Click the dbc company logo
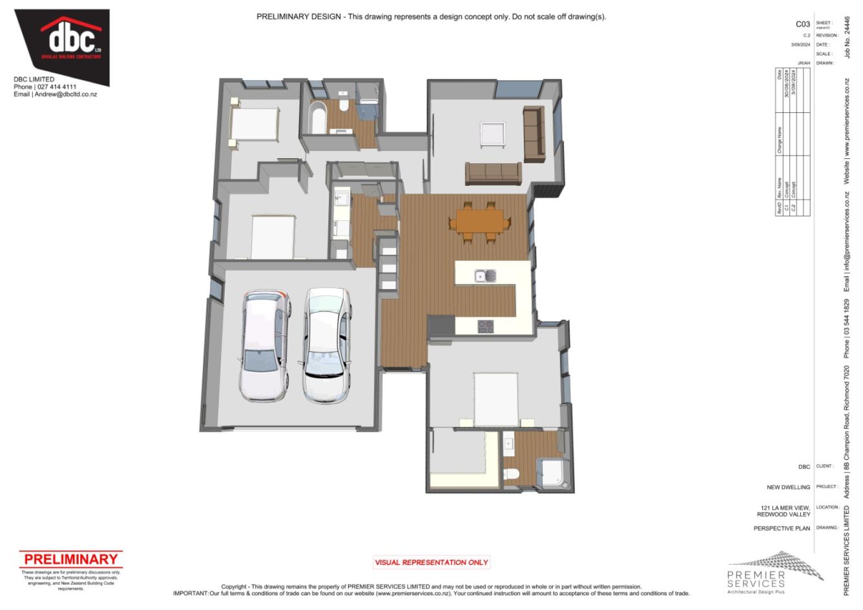click(x=71, y=40)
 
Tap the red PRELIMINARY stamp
click(x=70, y=560)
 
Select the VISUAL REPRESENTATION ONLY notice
click(x=431, y=562)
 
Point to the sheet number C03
click(x=802, y=24)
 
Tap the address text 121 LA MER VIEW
click(x=785, y=508)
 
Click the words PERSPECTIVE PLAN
click(x=782, y=529)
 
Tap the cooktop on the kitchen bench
click(x=486, y=327)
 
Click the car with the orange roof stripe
click(x=265, y=343)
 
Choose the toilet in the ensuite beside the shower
click(x=511, y=475)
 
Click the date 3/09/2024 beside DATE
click(x=800, y=45)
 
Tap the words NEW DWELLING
click(x=788, y=487)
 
